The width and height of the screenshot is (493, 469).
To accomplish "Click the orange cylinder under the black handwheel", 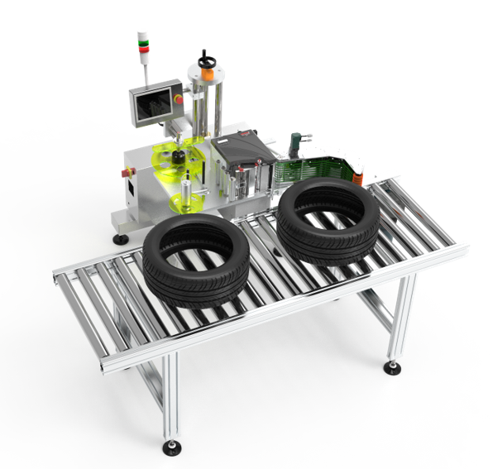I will (206, 74).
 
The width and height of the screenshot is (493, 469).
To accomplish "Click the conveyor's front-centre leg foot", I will (172, 447).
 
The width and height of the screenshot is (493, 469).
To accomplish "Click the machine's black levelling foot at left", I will (121, 239).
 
